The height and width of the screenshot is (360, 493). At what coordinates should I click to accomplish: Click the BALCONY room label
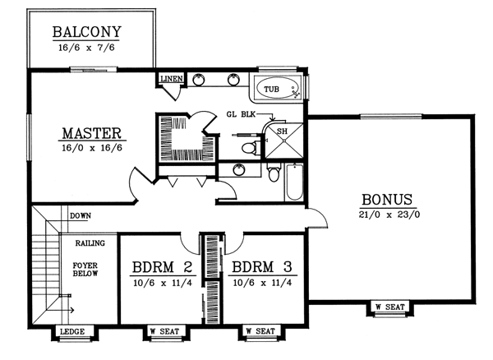click(x=86, y=33)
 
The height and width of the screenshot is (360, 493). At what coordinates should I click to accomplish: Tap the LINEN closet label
click(x=172, y=79)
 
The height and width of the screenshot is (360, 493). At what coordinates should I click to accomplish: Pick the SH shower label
click(x=282, y=132)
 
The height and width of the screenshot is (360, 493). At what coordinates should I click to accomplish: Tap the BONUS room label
click(x=390, y=199)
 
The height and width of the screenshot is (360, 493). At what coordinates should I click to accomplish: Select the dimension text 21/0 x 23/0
click(x=390, y=215)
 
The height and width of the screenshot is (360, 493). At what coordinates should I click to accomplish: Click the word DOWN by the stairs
click(x=81, y=217)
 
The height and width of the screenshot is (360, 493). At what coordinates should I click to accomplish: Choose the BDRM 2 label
click(x=162, y=268)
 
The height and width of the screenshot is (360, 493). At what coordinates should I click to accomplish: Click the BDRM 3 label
click(x=260, y=268)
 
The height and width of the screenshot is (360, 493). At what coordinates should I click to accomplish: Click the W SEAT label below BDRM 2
click(x=164, y=333)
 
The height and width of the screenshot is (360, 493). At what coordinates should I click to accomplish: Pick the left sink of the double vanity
click(x=200, y=81)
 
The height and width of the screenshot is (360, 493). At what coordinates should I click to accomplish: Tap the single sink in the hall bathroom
click(x=238, y=171)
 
